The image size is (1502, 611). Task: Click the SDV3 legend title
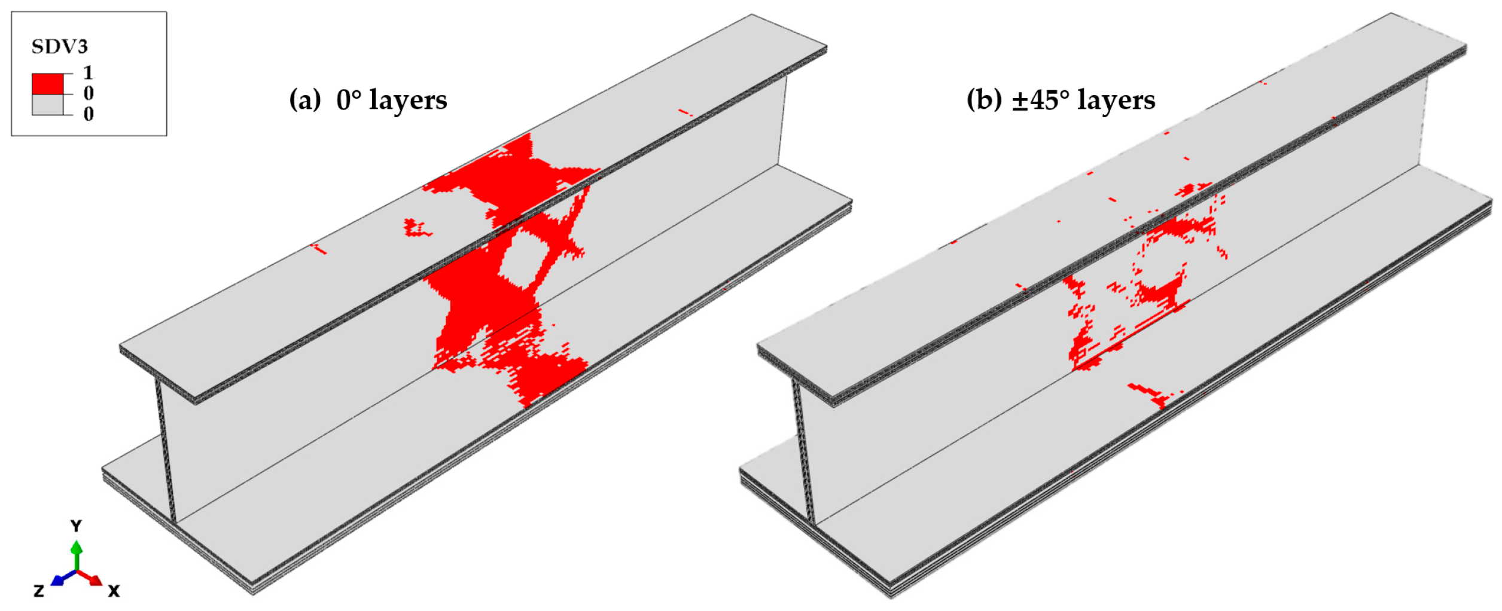(59, 47)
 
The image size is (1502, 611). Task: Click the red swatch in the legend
(47, 84)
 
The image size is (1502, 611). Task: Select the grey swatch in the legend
(47, 105)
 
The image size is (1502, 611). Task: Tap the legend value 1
(88, 73)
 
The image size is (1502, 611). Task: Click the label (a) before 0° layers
(305, 99)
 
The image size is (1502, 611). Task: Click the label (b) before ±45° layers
(983, 99)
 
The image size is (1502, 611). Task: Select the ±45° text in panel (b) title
(1040, 100)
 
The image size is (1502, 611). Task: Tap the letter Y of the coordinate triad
(76, 526)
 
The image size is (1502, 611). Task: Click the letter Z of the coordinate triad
(39, 591)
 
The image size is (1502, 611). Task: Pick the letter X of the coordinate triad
(114, 591)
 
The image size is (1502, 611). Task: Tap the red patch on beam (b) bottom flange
(1151, 395)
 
